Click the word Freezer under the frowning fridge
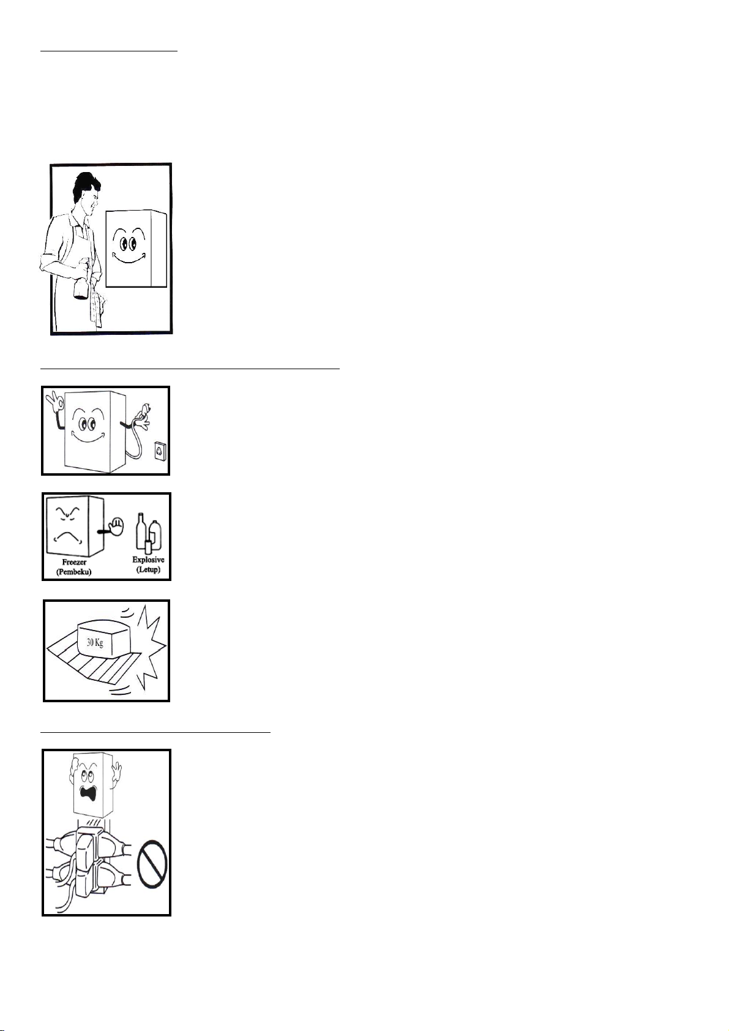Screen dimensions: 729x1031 click(74, 563)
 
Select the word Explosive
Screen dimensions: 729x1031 click(148, 560)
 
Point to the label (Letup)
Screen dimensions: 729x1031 click(148, 569)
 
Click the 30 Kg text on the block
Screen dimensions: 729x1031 click(95, 642)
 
